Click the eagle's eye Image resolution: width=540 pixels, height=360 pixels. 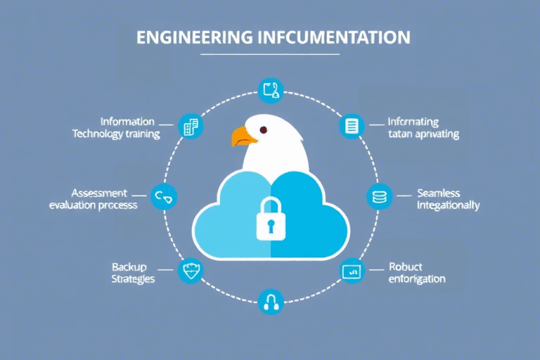[x=264, y=129]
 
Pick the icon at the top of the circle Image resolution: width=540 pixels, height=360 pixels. [x=270, y=90]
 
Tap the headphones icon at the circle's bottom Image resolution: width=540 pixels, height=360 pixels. [x=270, y=302]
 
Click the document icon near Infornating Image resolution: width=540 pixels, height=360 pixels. [x=351, y=126]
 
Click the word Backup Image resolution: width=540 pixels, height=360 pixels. [x=129, y=266]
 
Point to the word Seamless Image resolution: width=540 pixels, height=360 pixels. [x=438, y=193]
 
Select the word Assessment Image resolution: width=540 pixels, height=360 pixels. [x=99, y=193]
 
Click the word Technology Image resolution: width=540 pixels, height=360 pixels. [x=97, y=134]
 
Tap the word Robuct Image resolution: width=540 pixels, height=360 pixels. [x=406, y=267]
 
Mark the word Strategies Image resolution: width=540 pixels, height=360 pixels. [x=133, y=278]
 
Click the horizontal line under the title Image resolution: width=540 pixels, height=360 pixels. [x=270, y=54]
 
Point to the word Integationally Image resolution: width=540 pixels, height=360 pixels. [x=448, y=205]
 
